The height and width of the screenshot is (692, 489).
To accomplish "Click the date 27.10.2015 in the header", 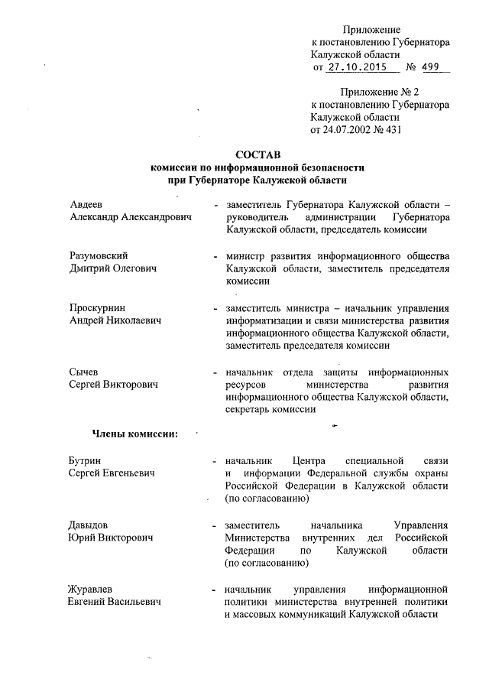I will click(x=358, y=69).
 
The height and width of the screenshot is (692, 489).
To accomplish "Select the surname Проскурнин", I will click(x=97, y=307).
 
